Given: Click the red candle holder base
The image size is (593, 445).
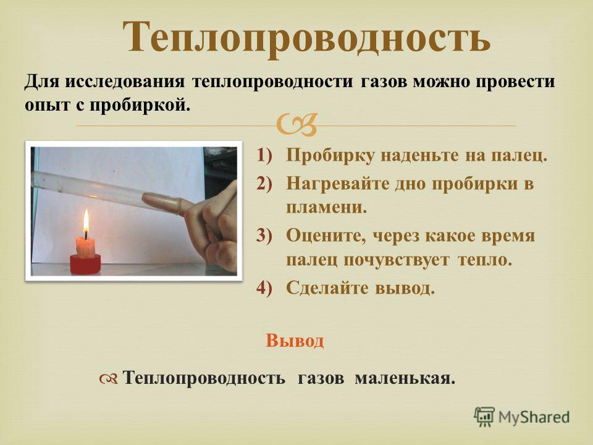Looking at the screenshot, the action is [x=85, y=264].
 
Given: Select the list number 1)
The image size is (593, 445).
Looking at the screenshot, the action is [x=264, y=155].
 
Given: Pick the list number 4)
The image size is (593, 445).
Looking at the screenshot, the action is [x=264, y=288].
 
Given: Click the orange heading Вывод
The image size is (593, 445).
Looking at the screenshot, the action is [x=295, y=341].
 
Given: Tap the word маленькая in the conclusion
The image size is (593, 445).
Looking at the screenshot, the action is [x=405, y=378].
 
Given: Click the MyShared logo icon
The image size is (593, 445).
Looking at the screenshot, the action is [x=484, y=417].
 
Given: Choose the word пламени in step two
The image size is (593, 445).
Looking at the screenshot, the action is [x=326, y=208].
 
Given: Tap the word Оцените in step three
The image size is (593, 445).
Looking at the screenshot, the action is [x=326, y=236].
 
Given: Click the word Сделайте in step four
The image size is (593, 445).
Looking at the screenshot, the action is [x=327, y=288].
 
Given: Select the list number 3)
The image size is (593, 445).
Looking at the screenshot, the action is [x=264, y=235].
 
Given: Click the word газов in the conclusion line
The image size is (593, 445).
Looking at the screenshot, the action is [x=321, y=378].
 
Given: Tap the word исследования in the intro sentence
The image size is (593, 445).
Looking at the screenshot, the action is [x=125, y=82].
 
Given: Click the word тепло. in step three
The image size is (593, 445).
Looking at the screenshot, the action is [x=484, y=260].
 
